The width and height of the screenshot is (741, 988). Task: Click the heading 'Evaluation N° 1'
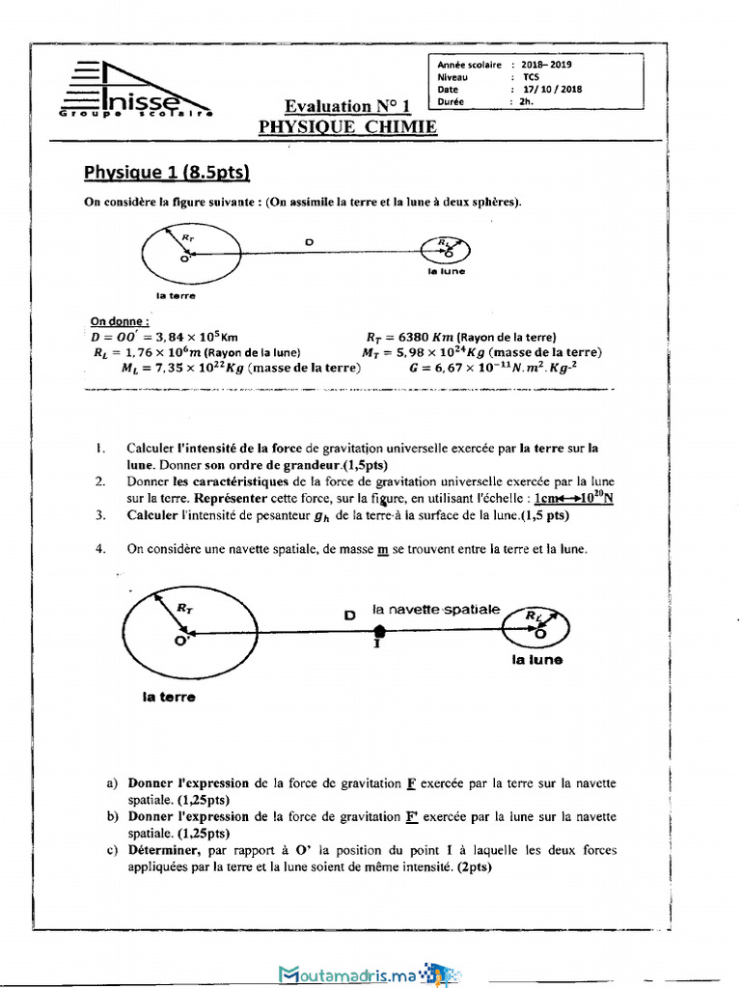[x=348, y=106]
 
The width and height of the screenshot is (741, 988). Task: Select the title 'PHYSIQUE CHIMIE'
[x=347, y=126]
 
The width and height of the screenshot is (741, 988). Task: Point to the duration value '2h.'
[x=526, y=101]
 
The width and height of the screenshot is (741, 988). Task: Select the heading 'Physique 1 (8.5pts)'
[x=167, y=173]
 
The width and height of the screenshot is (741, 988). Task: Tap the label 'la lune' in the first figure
[x=446, y=271]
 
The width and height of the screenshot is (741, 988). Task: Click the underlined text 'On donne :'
[x=120, y=321]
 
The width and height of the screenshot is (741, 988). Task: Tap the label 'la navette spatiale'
[x=436, y=610]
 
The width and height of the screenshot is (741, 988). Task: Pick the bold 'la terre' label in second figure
[x=169, y=696]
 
